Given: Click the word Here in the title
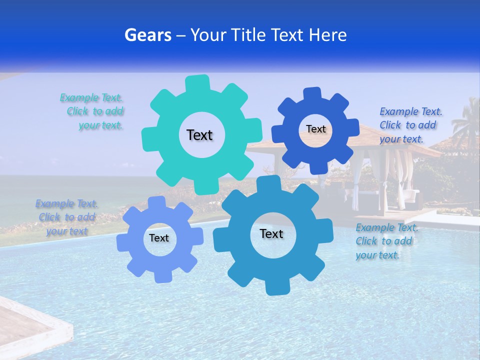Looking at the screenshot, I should click(x=327, y=35).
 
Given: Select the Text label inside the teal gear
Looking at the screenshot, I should click(x=199, y=135).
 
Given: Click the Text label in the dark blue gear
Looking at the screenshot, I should click(x=315, y=129).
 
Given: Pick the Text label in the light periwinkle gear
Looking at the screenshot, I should click(x=159, y=238).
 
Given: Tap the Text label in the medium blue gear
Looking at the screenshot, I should click(x=271, y=233).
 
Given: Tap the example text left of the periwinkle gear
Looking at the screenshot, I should click(x=66, y=217).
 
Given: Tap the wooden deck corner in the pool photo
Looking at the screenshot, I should click(x=25, y=325).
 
